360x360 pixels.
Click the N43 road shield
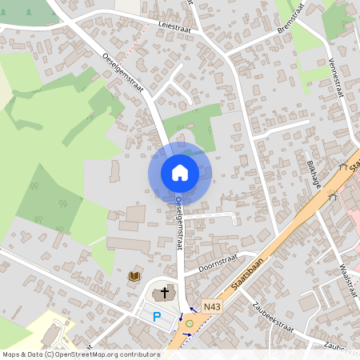point(211,306)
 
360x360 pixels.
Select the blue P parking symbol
point(157,318)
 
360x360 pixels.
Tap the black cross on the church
point(166,293)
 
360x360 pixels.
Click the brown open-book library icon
point(134,276)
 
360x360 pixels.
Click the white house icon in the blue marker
point(179,172)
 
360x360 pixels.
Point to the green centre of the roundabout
point(190,323)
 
